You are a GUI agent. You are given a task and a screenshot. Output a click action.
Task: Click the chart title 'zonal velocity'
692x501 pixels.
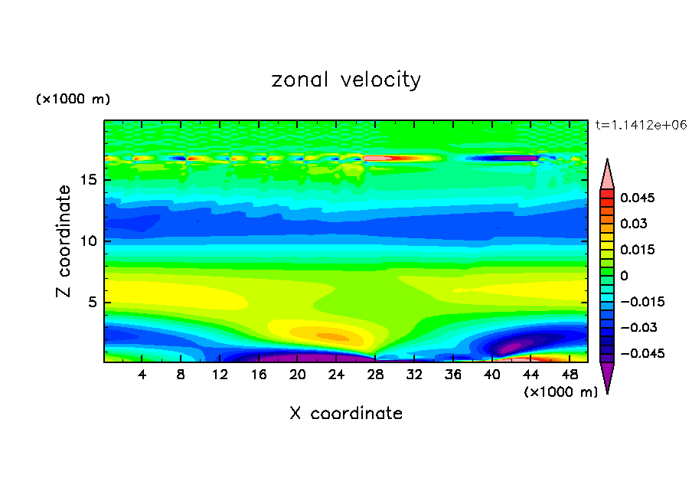click(346, 80)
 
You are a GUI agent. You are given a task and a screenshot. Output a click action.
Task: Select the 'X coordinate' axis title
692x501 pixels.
click(346, 414)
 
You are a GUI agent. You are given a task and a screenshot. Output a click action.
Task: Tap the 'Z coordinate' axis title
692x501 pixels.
click(65, 241)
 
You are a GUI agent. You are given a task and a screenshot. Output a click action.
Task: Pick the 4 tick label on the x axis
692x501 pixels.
click(142, 375)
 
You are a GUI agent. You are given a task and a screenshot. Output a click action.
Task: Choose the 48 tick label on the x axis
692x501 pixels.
click(569, 375)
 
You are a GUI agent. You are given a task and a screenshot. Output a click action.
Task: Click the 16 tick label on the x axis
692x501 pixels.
click(259, 375)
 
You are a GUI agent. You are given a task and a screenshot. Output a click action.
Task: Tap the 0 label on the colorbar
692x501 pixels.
click(624, 276)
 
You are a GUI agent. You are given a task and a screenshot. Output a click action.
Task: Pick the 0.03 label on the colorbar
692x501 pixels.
click(633, 224)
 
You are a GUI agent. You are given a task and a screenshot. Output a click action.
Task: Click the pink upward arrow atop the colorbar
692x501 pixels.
click(607, 174)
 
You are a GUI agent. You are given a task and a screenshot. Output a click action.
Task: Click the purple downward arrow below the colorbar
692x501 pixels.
click(607, 376)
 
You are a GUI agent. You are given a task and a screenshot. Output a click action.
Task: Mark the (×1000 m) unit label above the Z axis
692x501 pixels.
click(73, 100)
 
